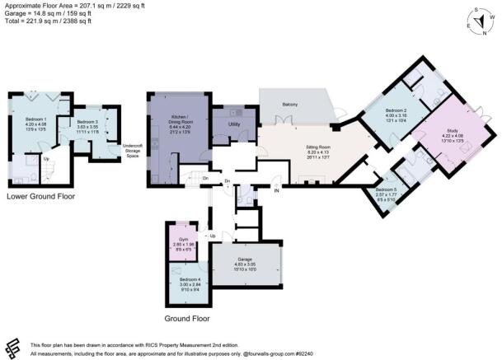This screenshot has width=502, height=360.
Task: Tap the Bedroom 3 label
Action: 87,122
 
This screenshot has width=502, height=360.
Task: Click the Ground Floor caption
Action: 185,318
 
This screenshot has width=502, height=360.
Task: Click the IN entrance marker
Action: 277,191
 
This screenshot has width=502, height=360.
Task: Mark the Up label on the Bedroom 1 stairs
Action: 46,159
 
